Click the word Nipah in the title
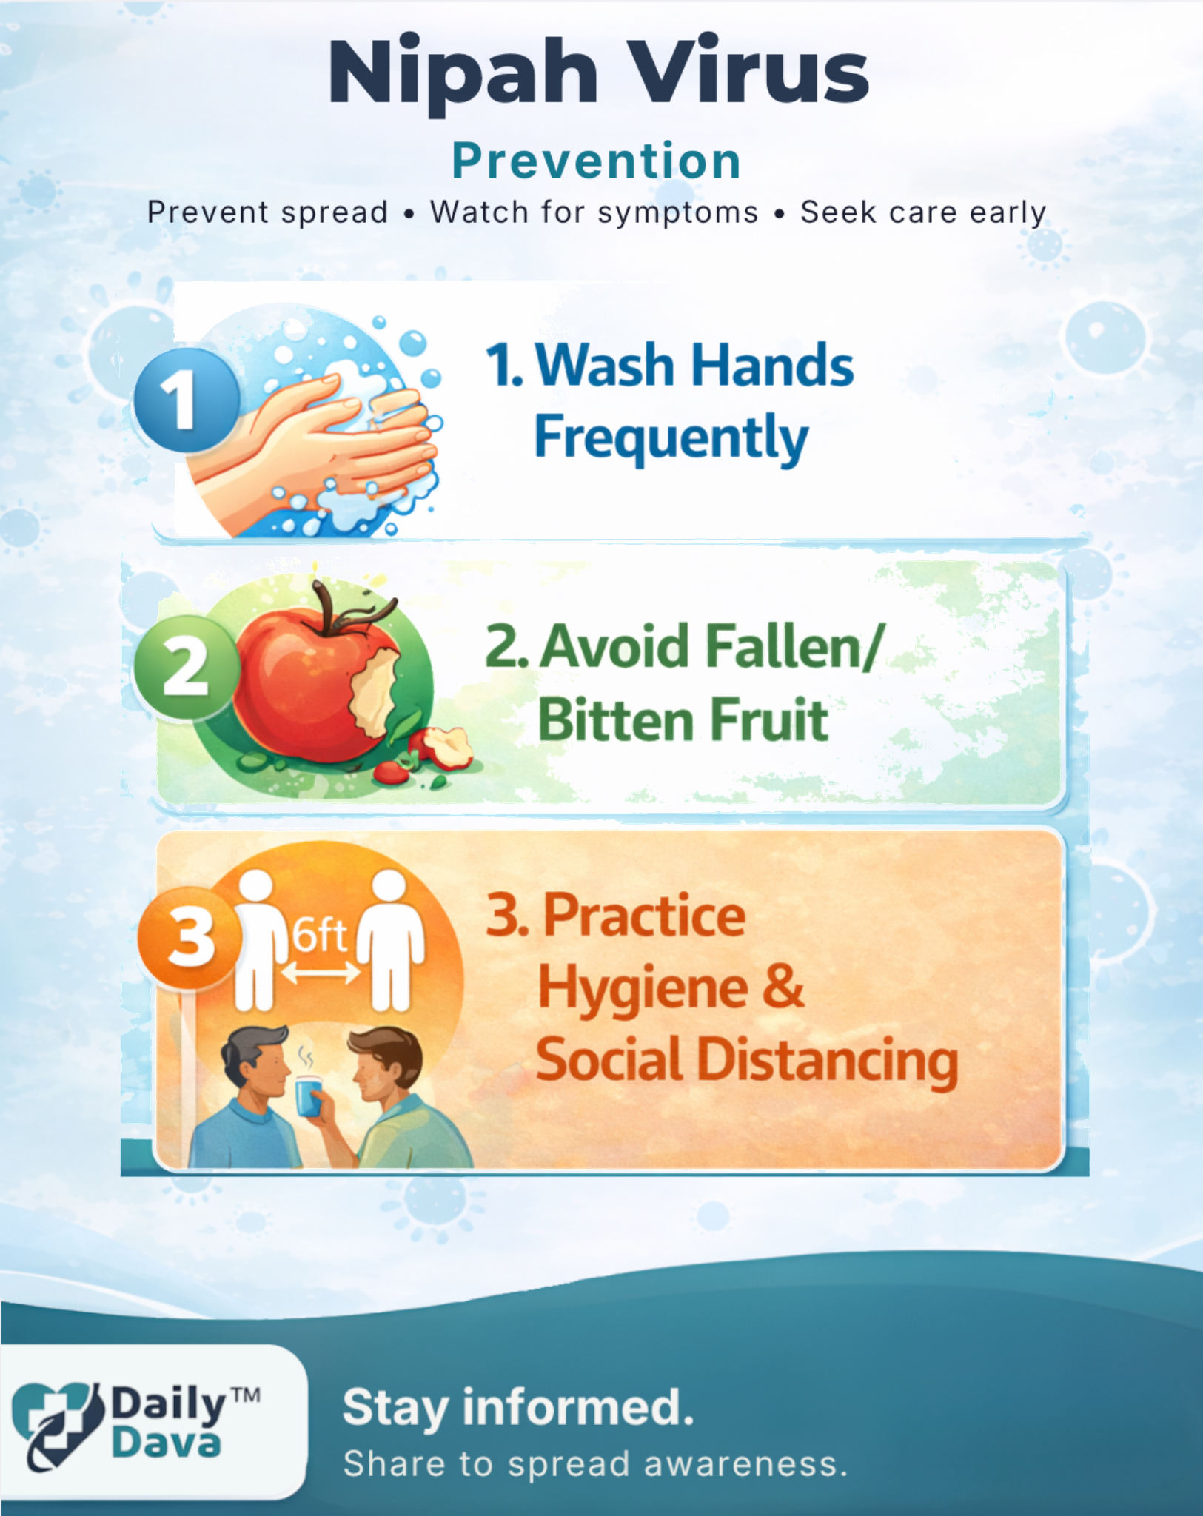463,74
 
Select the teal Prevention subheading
597,161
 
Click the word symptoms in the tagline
678,213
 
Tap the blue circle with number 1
187,400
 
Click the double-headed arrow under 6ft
320,974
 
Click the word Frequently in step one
671,438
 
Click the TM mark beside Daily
246,1396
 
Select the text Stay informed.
518,1408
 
